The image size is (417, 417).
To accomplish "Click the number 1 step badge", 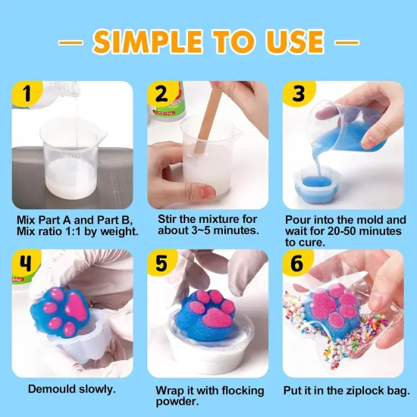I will [x=28, y=96].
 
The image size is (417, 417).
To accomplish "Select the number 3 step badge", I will [x=297, y=96].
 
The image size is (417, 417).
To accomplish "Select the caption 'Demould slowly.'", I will [x=72, y=389].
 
